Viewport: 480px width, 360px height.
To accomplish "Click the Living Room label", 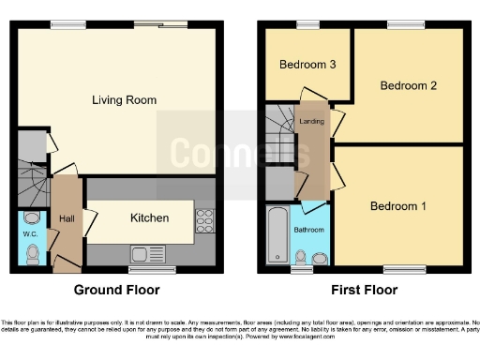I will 124,99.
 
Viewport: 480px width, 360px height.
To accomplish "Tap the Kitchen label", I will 149,217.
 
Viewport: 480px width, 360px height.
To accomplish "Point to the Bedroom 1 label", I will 397,206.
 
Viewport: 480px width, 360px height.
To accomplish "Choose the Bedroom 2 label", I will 409,85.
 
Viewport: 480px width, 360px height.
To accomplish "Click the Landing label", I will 311,121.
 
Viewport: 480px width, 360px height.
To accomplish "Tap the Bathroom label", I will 308,230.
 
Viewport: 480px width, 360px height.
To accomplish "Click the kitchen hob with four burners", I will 204,222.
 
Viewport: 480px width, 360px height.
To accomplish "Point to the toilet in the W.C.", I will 32,253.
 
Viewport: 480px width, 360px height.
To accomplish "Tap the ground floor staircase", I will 30,183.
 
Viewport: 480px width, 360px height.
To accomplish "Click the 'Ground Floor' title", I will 116,290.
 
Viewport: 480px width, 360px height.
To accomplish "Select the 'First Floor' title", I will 365,290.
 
